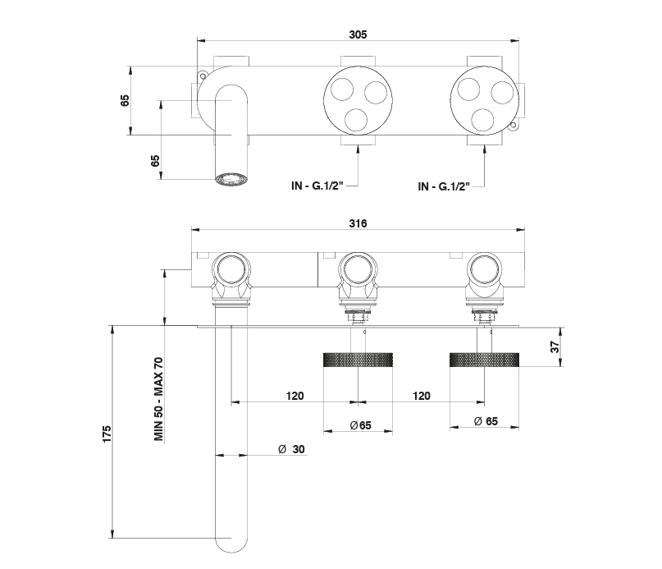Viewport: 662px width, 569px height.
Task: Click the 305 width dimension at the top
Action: click(357, 34)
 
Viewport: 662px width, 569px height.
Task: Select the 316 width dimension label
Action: click(357, 223)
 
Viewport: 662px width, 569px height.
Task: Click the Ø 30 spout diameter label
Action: click(291, 449)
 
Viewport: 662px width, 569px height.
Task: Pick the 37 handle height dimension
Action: click(555, 347)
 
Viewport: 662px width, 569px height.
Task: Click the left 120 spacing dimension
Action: click(295, 396)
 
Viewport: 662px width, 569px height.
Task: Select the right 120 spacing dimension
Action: click(420, 396)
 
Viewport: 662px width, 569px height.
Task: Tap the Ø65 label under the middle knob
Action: click(360, 425)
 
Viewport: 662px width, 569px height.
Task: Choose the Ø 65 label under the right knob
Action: click(486, 422)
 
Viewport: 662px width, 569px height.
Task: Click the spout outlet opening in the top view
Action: click(232, 178)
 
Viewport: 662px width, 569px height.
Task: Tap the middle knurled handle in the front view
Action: click(357, 360)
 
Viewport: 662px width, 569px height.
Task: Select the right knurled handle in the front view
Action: click(484, 360)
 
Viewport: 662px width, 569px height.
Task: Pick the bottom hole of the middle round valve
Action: click(357, 121)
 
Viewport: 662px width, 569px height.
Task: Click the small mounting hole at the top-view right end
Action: click(513, 126)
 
